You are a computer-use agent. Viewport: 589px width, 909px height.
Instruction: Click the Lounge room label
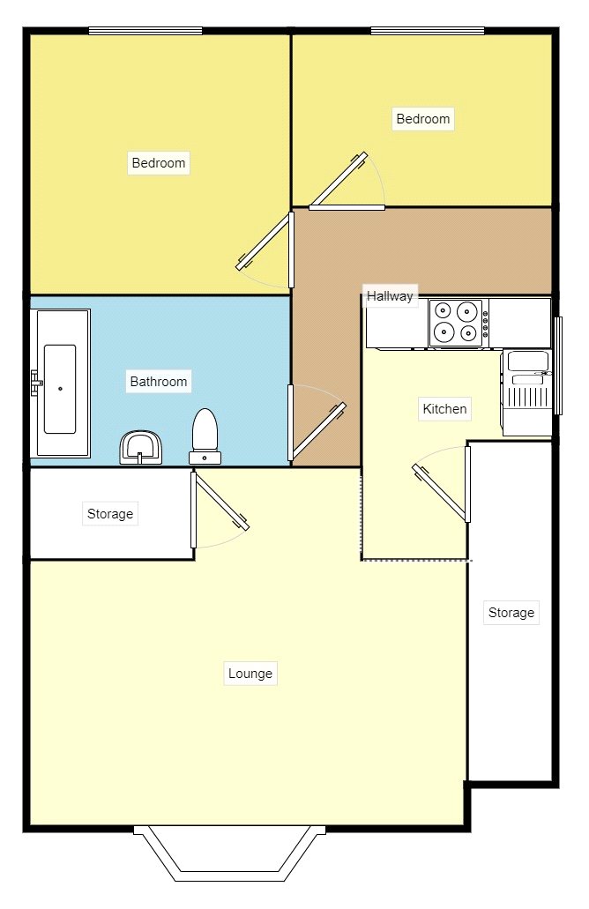click(x=250, y=674)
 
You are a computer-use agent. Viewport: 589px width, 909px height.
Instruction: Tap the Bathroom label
click(x=159, y=382)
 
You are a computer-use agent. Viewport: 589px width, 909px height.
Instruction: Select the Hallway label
click(x=390, y=296)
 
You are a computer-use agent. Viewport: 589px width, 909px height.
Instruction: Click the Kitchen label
click(x=444, y=409)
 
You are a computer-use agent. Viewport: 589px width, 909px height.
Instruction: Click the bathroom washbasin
click(x=140, y=446)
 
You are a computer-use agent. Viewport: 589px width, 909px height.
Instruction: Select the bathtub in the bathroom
click(x=60, y=384)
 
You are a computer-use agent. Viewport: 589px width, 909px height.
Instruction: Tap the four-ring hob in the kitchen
click(x=459, y=322)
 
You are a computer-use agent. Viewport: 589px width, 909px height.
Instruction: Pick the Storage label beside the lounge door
click(x=110, y=513)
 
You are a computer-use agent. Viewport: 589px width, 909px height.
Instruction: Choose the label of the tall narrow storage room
click(x=511, y=613)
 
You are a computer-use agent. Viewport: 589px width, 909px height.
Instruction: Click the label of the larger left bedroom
click(x=159, y=163)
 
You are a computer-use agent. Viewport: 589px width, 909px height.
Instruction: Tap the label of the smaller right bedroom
click(x=423, y=119)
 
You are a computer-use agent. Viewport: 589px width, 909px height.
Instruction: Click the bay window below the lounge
click(x=229, y=855)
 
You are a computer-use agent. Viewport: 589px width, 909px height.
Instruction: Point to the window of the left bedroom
click(x=145, y=32)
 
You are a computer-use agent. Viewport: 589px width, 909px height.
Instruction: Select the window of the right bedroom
click(x=428, y=32)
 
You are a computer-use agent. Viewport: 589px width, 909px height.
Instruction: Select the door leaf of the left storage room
click(x=221, y=502)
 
